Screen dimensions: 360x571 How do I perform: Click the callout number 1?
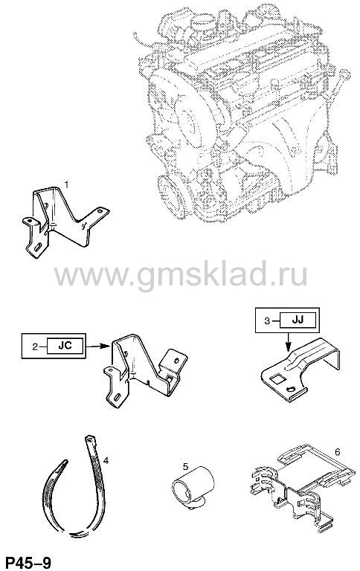click(x=66, y=185)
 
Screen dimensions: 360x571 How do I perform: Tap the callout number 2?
click(x=35, y=346)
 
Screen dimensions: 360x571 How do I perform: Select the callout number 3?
click(x=268, y=321)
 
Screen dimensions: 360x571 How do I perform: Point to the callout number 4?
click(x=106, y=461)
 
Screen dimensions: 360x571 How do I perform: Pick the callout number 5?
click(x=185, y=465)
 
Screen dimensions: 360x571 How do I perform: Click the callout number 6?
click(x=337, y=452)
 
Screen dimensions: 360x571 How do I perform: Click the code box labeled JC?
click(x=65, y=346)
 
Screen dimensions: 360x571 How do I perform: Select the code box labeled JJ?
click(x=298, y=320)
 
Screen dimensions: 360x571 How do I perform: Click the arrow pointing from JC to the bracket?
click(x=97, y=346)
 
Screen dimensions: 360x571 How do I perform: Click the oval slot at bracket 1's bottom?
click(x=37, y=247)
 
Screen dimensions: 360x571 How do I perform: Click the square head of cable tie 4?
click(x=89, y=438)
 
